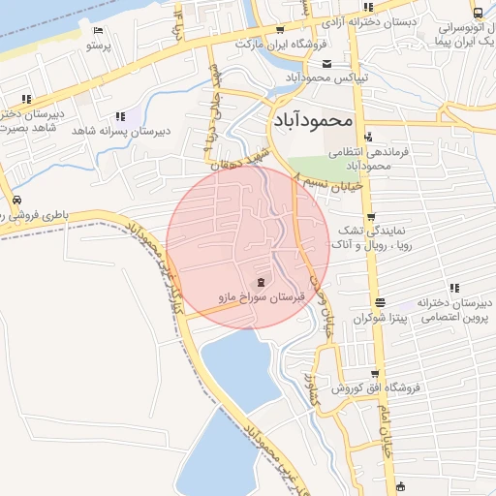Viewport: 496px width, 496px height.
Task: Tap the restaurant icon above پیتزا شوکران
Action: pyautogui.click(x=379, y=301)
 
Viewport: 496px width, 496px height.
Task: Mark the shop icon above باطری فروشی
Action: pyautogui.click(x=16, y=200)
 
